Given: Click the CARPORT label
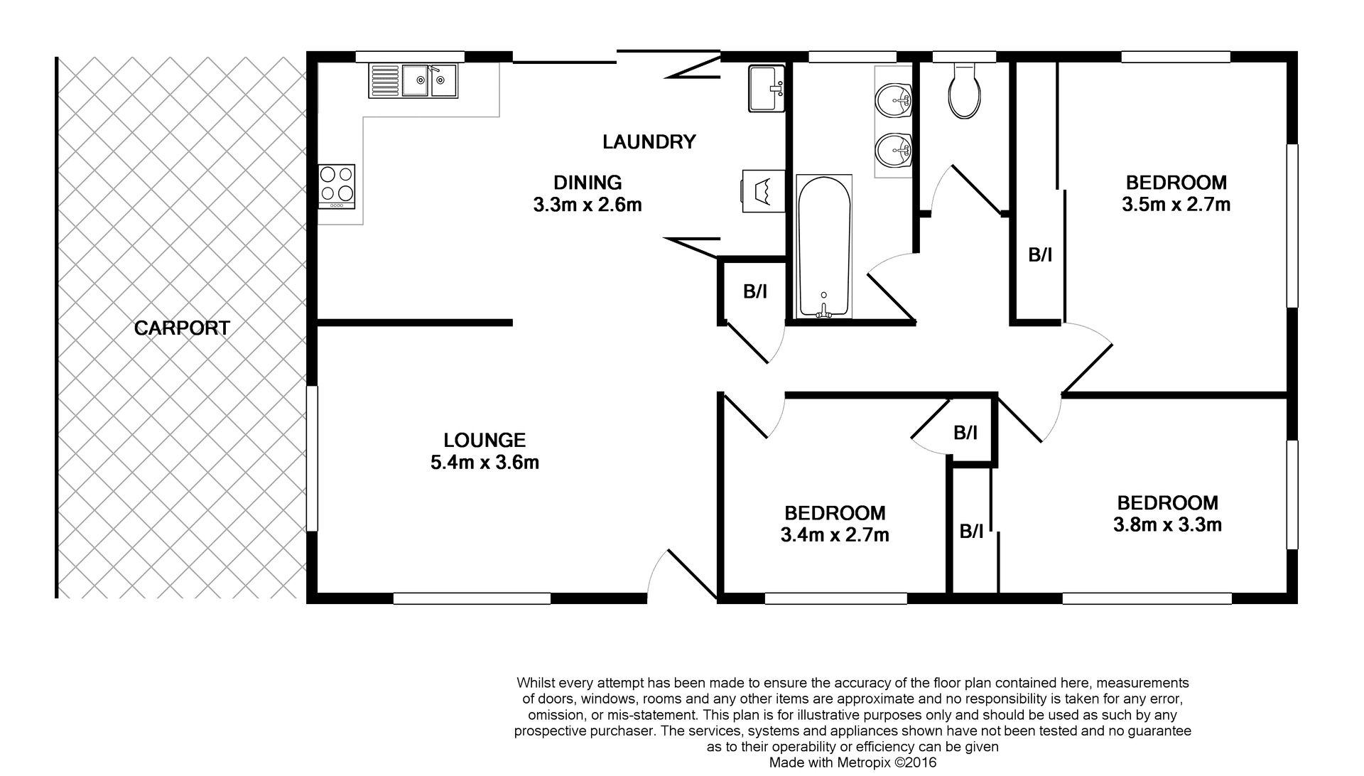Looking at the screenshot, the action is (182, 328).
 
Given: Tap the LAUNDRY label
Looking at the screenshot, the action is (649, 142).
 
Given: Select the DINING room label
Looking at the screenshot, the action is (588, 183).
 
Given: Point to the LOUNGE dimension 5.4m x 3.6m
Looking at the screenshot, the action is (485, 463).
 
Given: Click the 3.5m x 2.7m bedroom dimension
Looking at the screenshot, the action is (1176, 205).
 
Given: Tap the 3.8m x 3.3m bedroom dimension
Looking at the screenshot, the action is (1167, 525).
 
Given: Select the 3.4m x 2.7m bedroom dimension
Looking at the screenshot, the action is (835, 535).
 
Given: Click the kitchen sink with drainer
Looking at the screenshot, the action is (413, 80).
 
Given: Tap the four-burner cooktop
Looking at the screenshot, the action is (336, 186).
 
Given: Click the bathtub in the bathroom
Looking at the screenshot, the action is (824, 246).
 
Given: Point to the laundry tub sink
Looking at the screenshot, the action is (767, 88).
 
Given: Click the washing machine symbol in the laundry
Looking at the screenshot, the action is (763, 190).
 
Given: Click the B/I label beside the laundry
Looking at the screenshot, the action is (754, 291).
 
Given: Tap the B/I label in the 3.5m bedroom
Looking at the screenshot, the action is (1040, 255).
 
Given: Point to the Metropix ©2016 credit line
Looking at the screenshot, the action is (853, 762).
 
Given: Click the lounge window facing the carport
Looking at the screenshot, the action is (312, 458).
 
